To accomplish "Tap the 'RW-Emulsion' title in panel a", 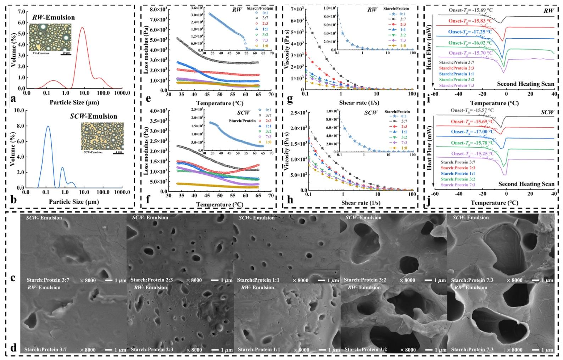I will [x=58, y=17].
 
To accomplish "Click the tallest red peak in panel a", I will [x=83, y=28].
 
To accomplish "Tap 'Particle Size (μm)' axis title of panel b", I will [x=74, y=202].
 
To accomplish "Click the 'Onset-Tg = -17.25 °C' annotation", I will [x=470, y=32].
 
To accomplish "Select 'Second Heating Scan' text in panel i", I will [x=525, y=84].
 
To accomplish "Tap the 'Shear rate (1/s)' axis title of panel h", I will [x=361, y=203].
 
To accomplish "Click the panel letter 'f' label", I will [x=149, y=199].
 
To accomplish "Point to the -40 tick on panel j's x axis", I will [x=458, y=194].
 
